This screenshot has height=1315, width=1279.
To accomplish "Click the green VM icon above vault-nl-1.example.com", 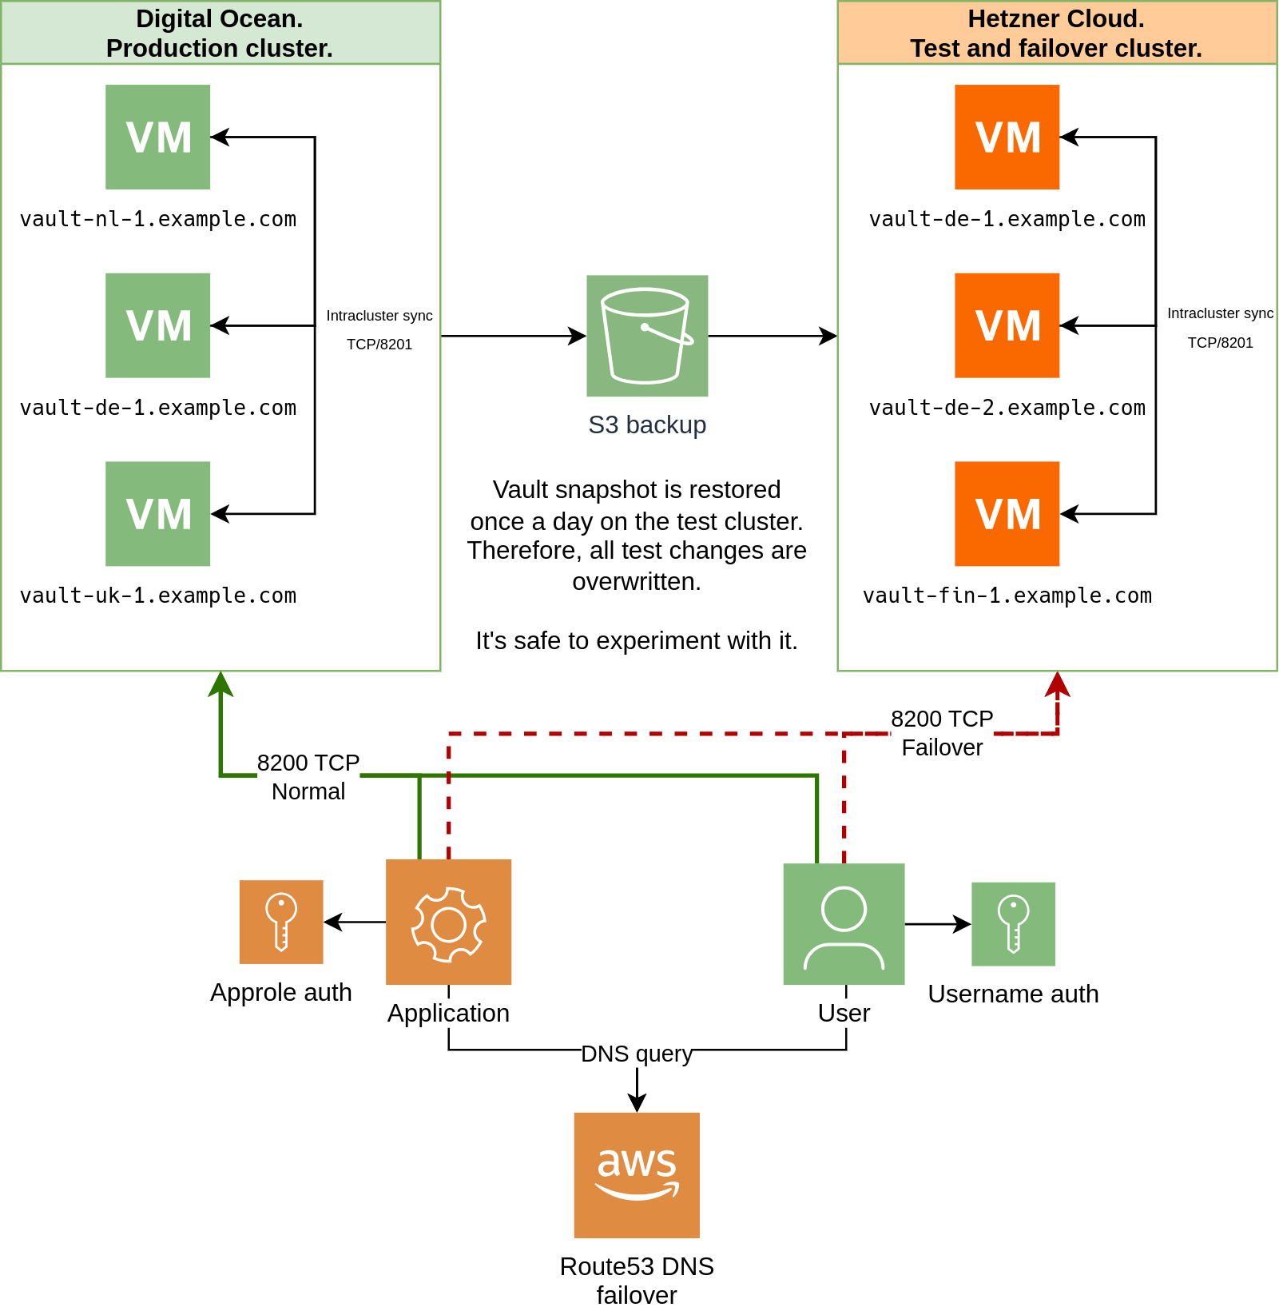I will coord(158,137).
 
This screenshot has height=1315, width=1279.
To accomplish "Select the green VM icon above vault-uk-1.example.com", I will coord(158,514).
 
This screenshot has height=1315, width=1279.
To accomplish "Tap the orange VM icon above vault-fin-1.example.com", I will coord(1007,514).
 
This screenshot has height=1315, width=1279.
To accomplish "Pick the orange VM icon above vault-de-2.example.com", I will coord(1007,325).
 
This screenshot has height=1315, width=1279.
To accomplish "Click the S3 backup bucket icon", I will coord(647,336).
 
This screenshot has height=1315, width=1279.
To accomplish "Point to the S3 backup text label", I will coord(647,424).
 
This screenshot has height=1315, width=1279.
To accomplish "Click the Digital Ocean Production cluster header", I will coord(220,33).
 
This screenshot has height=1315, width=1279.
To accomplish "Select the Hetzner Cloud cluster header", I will coord(1056,33).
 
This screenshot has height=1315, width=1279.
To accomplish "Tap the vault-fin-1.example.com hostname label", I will coord(1007,596).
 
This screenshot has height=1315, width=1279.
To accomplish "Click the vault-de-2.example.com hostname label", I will coord(1007,407).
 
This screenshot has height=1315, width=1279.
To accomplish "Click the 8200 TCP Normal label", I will coord(308,777).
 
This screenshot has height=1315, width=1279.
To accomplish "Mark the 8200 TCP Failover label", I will coord(942,733).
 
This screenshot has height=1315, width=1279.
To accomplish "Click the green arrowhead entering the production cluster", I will coord(220,684).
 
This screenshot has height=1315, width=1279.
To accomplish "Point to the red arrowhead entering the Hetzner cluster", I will coord(1058,684).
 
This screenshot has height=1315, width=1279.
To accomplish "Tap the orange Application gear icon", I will coord(449,922).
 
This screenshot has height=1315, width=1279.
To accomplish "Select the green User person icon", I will coord(844,925).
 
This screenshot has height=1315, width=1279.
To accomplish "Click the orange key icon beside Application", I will coord(281,922).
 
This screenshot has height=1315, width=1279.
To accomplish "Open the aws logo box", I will coord(637,1175).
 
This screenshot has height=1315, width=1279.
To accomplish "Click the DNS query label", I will coord(637,1054).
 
